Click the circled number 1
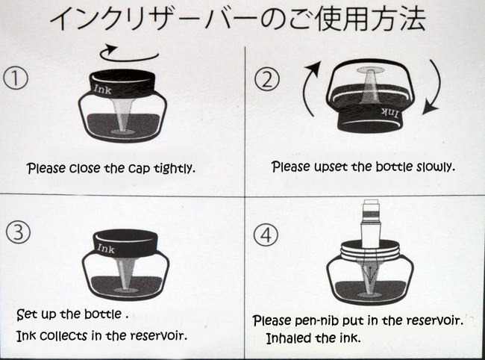pyautogui.click(x=16, y=78)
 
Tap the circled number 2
pyautogui.click(x=266, y=79)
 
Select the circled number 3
pyautogui.click(x=18, y=232)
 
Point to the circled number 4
pyautogui.click(x=266, y=235)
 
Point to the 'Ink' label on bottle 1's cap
pyautogui.click(x=103, y=90)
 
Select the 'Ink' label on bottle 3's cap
pyautogui.click(x=106, y=248)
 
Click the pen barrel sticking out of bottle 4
pyautogui.click(x=371, y=224)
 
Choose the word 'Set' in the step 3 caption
pyautogui.click(x=27, y=314)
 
